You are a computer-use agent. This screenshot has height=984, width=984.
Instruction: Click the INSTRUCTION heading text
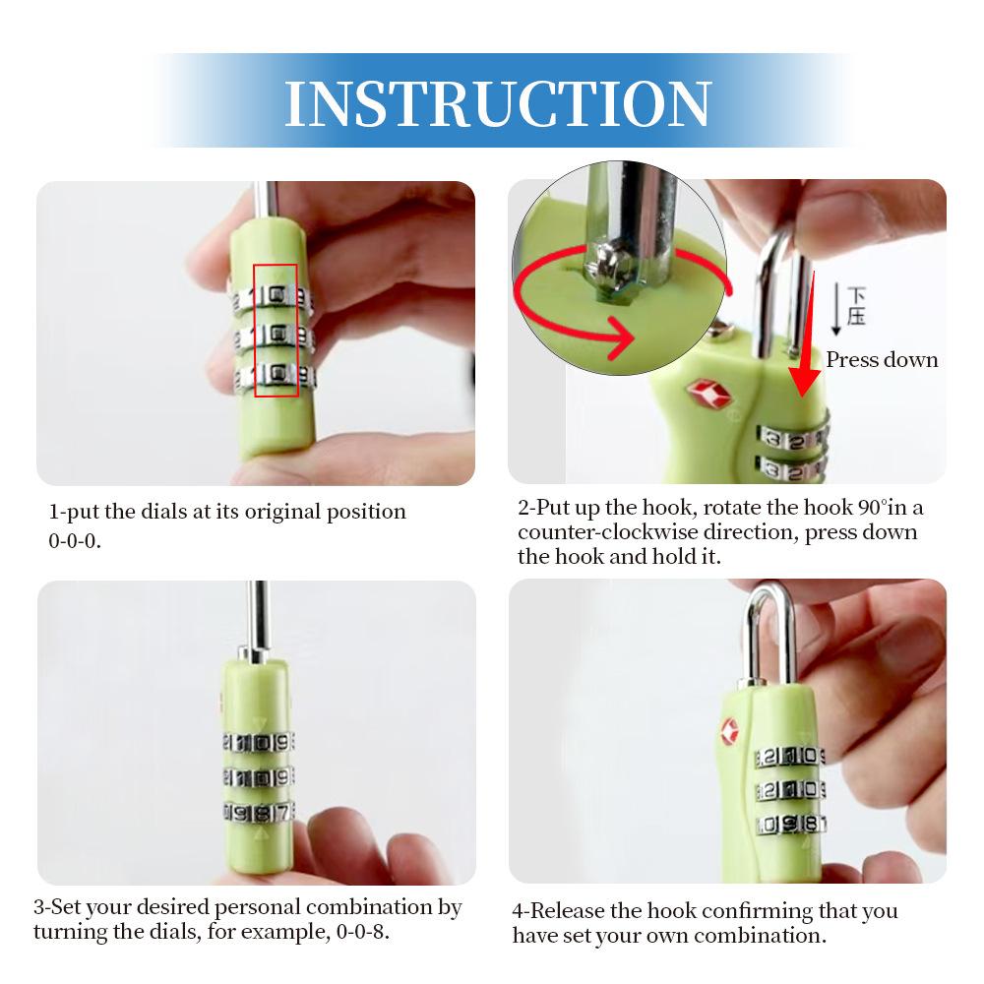tap(498, 103)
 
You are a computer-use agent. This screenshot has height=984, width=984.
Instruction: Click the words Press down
tap(882, 359)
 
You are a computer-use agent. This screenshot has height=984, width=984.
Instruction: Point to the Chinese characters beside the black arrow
tap(856, 306)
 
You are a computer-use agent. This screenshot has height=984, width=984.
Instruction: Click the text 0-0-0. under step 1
tap(75, 540)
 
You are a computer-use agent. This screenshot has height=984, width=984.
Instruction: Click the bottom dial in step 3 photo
tap(258, 813)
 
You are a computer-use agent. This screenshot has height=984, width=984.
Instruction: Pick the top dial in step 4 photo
tap(789, 757)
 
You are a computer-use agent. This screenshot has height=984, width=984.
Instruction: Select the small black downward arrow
tap(835, 309)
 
